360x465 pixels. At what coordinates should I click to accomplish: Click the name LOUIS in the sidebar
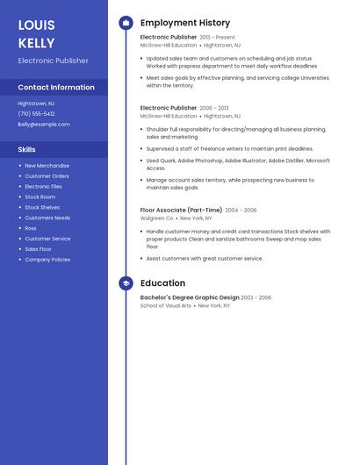37,25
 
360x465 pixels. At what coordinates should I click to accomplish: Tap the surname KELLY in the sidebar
36,43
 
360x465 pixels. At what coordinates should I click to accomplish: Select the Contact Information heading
56,87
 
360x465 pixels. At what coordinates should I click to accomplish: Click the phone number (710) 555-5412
36,113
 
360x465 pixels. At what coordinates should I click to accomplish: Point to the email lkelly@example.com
44,124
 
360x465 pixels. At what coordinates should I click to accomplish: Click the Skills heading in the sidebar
26,149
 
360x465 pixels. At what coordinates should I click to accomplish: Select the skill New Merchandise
47,165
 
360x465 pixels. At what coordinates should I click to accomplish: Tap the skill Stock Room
40,197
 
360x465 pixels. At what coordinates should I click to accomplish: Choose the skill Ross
31,228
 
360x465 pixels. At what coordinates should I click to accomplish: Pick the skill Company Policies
47,260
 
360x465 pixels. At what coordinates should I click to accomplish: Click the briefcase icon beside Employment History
126,23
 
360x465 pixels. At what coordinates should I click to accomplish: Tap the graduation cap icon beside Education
126,283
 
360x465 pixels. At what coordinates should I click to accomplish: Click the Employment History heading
185,23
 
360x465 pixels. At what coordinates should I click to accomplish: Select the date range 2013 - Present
218,38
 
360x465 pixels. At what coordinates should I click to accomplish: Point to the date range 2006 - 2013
214,108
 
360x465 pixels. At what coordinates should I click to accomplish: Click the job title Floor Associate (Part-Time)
181,211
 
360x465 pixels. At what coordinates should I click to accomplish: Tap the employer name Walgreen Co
157,218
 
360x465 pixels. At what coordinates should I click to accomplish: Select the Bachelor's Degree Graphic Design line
190,297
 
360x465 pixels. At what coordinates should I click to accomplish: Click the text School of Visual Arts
166,305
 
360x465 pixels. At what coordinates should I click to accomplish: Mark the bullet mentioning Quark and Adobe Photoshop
238,164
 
